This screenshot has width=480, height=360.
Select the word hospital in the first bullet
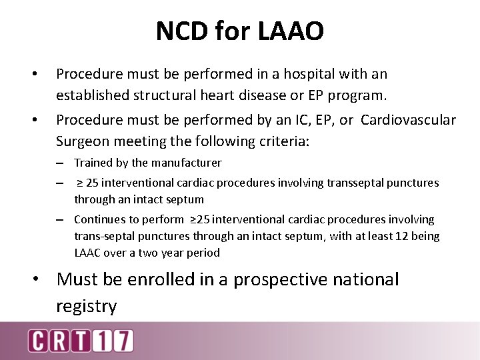pyautogui.click(x=287, y=74)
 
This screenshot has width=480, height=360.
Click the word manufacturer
pyautogui.click(x=185, y=163)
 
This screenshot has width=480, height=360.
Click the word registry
pyautogui.click(x=87, y=306)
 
